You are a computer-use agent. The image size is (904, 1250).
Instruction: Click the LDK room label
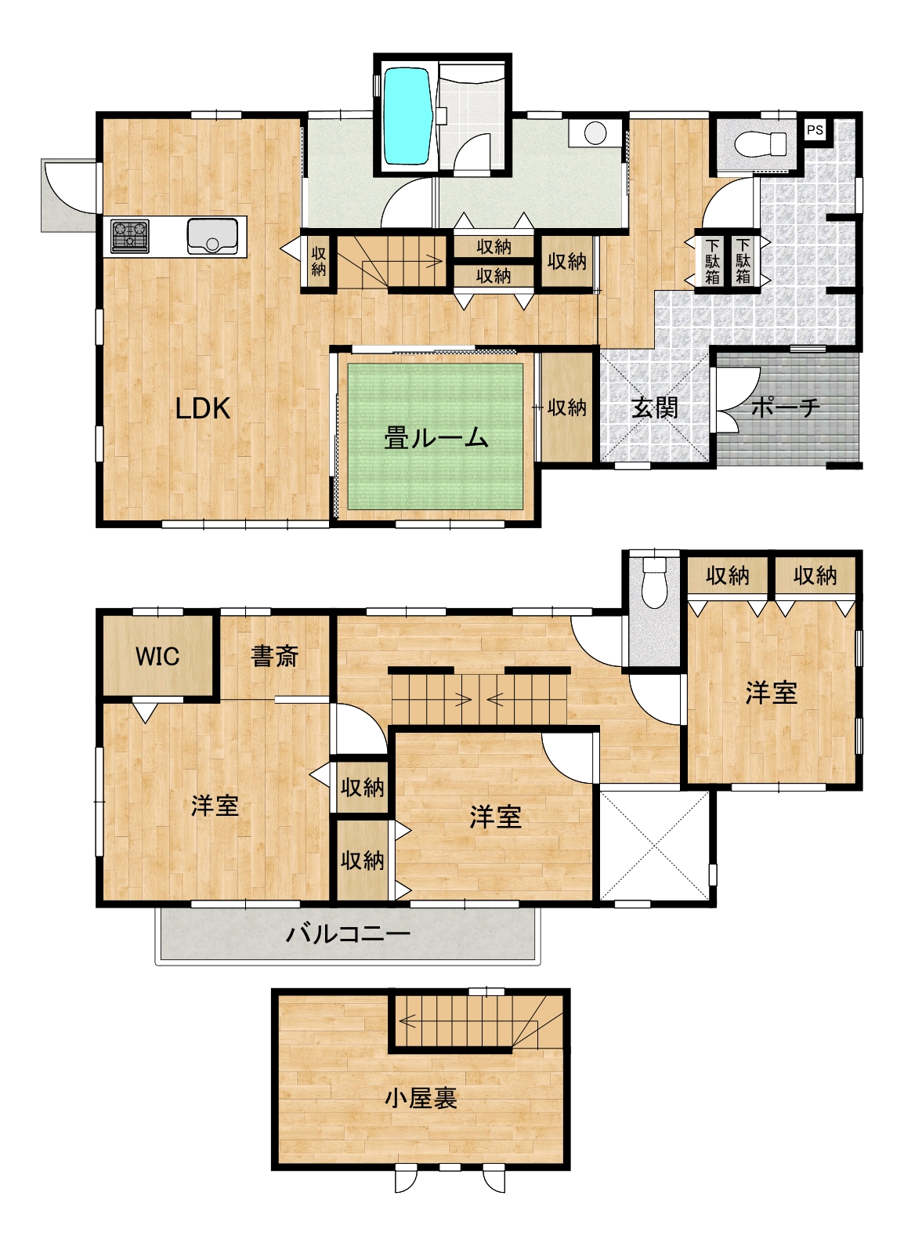[x=202, y=408]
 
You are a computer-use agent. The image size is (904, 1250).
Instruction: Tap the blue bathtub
[x=408, y=116]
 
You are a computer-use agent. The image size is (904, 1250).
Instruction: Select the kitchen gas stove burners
[x=130, y=235]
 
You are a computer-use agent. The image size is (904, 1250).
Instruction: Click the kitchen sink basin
[x=212, y=235]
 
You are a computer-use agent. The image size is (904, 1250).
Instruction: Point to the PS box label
[x=815, y=130]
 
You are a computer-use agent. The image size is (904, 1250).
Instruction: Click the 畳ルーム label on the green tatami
[x=436, y=437]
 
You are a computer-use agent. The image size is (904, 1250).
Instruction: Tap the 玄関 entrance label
[x=654, y=408]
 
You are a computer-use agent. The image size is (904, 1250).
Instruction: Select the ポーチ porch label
[x=786, y=408]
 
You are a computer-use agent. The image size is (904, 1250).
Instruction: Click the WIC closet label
[x=157, y=656]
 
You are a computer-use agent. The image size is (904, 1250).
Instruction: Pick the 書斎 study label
[x=274, y=656]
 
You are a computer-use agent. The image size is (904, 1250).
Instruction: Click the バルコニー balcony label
[x=348, y=933]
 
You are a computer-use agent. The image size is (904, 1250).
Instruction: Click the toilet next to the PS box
[x=760, y=145]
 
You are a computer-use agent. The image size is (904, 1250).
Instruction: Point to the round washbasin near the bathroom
[x=595, y=132]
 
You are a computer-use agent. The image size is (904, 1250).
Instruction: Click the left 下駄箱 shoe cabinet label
[x=712, y=261]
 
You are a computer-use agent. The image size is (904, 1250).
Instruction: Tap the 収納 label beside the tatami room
[x=566, y=408]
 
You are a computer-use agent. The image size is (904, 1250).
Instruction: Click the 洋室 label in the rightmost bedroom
[x=772, y=693]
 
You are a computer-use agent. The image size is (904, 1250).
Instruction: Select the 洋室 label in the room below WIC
[x=215, y=806]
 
